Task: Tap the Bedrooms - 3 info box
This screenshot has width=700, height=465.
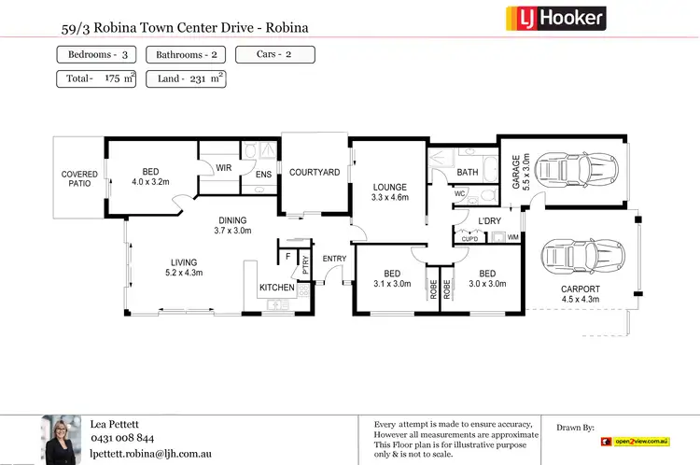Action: [x=98, y=55]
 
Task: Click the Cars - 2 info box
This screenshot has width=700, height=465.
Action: [x=274, y=55]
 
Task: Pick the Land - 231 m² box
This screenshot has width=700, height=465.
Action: [x=186, y=78]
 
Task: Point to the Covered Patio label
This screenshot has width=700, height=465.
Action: [x=79, y=179]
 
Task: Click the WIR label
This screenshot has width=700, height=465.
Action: [x=223, y=168]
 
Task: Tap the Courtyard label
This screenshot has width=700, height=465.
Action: [x=314, y=173]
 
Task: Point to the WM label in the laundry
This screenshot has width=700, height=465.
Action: [x=512, y=238]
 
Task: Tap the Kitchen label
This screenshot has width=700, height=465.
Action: [x=276, y=288]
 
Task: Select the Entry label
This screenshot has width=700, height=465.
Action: [x=333, y=259]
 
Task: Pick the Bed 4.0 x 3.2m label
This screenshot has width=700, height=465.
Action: [x=150, y=176]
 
